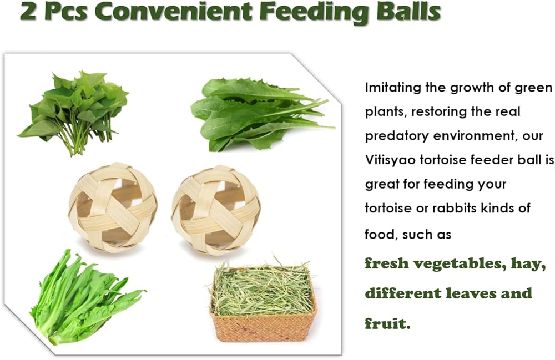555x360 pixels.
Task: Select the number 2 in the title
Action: [28, 12]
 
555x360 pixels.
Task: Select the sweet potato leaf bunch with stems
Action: [74, 113]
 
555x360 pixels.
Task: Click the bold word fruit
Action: [387, 323]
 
